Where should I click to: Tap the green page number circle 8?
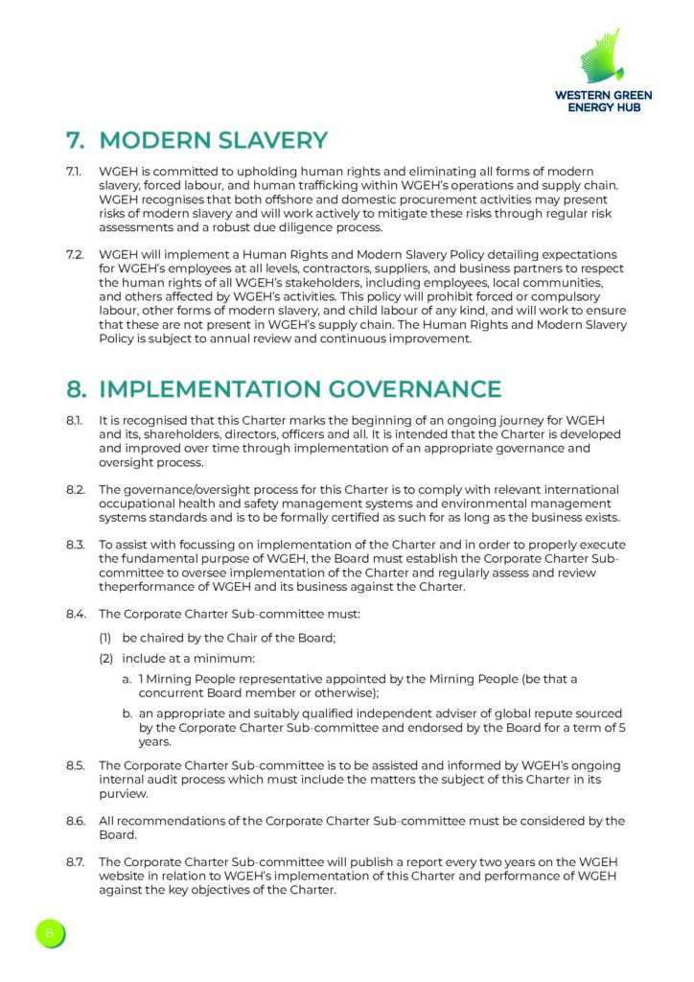click(49, 932)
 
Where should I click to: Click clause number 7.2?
click(75, 255)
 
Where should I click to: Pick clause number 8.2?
click(75, 490)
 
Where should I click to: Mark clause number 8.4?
click(75, 614)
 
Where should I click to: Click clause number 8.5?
click(75, 766)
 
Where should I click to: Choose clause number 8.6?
click(75, 821)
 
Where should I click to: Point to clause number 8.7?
click(75, 862)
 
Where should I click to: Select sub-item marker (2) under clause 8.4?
click(105, 659)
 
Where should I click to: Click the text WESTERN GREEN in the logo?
click(602, 95)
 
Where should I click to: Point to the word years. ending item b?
click(154, 742)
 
